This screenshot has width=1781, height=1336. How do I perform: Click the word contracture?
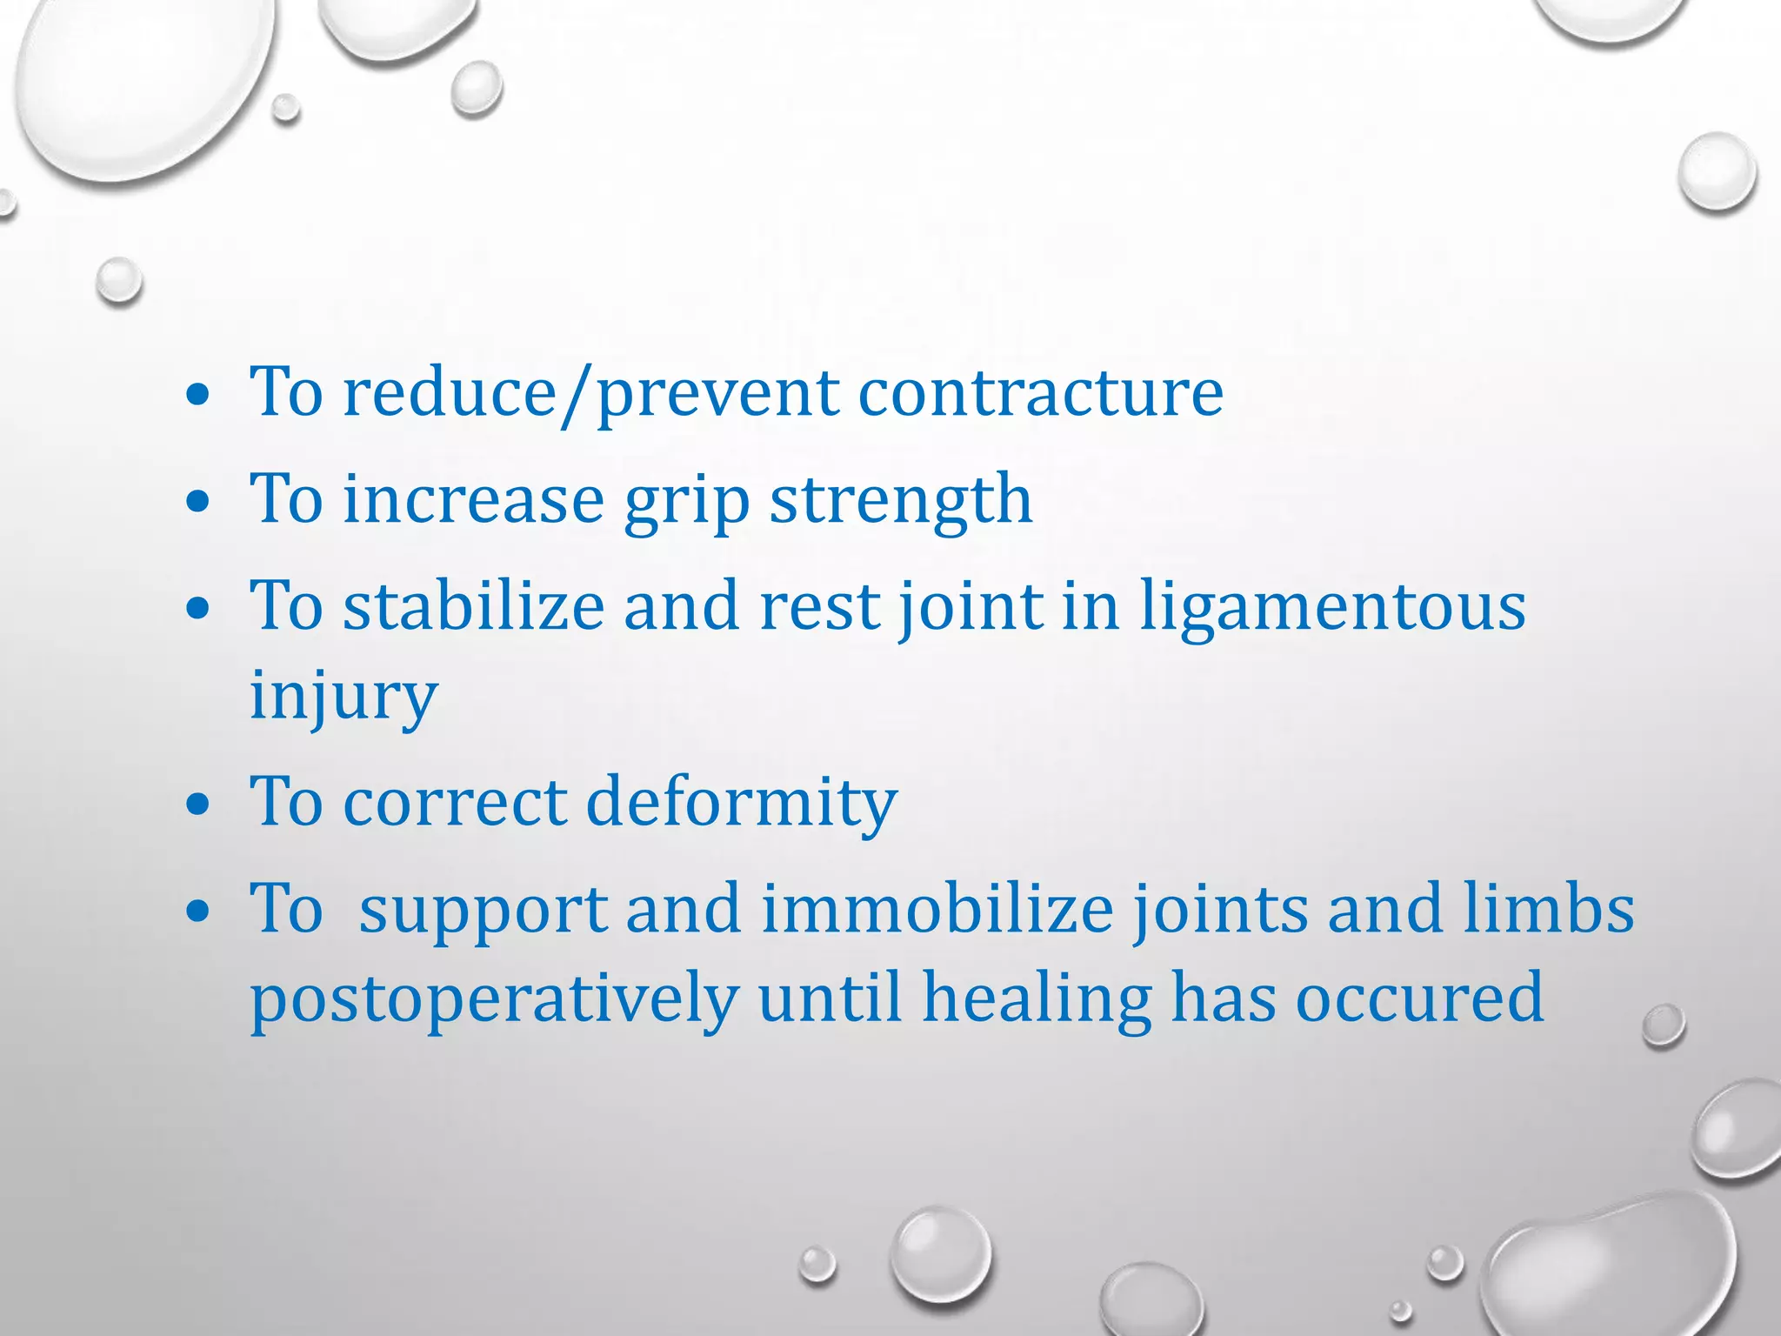click(x=1041, y=393)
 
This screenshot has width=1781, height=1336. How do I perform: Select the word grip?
click(x=687, y=501)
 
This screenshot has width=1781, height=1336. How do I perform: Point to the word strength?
click(x=901, y=501)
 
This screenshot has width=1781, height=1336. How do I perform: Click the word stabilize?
click(x=474, y=606)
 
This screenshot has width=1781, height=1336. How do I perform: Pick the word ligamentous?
click(x=1332, y=606)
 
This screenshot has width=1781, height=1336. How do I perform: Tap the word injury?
click(x=344, y=696)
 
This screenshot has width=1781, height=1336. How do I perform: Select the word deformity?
click(x=741, y=802)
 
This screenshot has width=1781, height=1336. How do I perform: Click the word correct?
click(x=455, y=802)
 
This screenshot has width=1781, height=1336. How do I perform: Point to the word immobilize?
click(x=937, y=910)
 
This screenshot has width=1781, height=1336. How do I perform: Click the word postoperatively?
click(x=494, y=1000)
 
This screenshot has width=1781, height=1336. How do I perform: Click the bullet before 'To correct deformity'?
click(x=198, y=805)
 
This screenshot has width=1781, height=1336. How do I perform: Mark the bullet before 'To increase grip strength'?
click(x=198, y=503)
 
